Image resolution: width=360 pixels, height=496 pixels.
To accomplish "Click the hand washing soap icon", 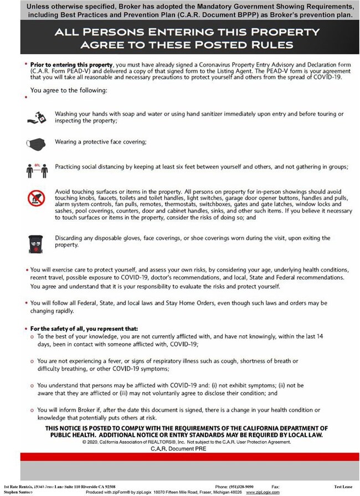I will [x=37, y=116].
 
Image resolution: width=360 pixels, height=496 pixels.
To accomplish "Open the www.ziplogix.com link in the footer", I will [x=263, y=492].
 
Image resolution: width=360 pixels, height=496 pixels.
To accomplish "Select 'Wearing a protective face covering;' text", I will [x=100, y=142].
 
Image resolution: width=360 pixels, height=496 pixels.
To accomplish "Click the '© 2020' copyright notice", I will [x=91, y=442].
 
